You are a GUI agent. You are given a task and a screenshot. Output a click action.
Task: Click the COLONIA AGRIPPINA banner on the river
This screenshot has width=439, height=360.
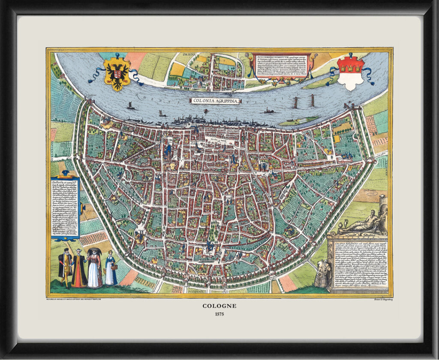coord(216,101)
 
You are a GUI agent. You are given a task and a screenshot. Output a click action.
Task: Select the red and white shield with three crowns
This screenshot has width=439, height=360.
coord(351,74)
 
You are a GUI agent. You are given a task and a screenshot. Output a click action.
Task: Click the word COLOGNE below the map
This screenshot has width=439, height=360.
coord(219,306)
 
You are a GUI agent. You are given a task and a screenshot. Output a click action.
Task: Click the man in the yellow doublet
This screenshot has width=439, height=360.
coord(65,267)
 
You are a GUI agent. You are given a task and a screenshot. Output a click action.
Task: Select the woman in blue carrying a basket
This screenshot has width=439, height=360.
coord(111,269)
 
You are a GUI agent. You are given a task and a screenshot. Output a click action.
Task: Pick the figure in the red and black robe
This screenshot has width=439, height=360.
coord(79,269)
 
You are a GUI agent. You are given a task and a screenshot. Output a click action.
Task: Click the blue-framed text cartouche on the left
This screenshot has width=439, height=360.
coord(65,208)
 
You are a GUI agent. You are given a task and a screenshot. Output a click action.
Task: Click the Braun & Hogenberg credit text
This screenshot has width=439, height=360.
coord(381,300)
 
